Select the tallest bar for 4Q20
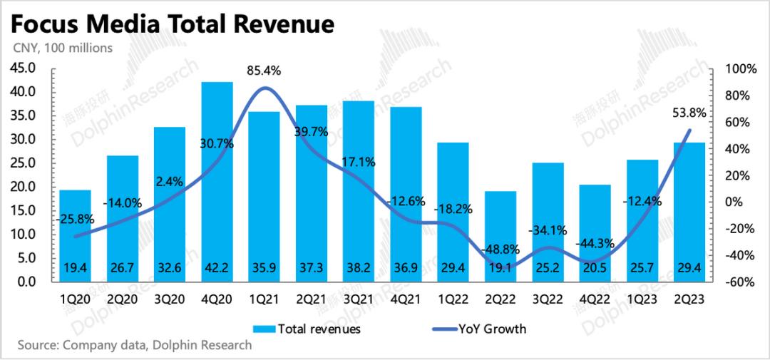pyautogui.click(x=217, y=178)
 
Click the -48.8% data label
pyautogui.click(x=502, y=250)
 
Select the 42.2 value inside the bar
pyautogui.click(x=217, y=269)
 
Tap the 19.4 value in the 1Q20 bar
pyautogui.click(x=75, y=269)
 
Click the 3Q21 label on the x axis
pyautogui.click(x=359, y=301)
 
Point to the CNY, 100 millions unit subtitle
pyautogui.click(x=59, y=48)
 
